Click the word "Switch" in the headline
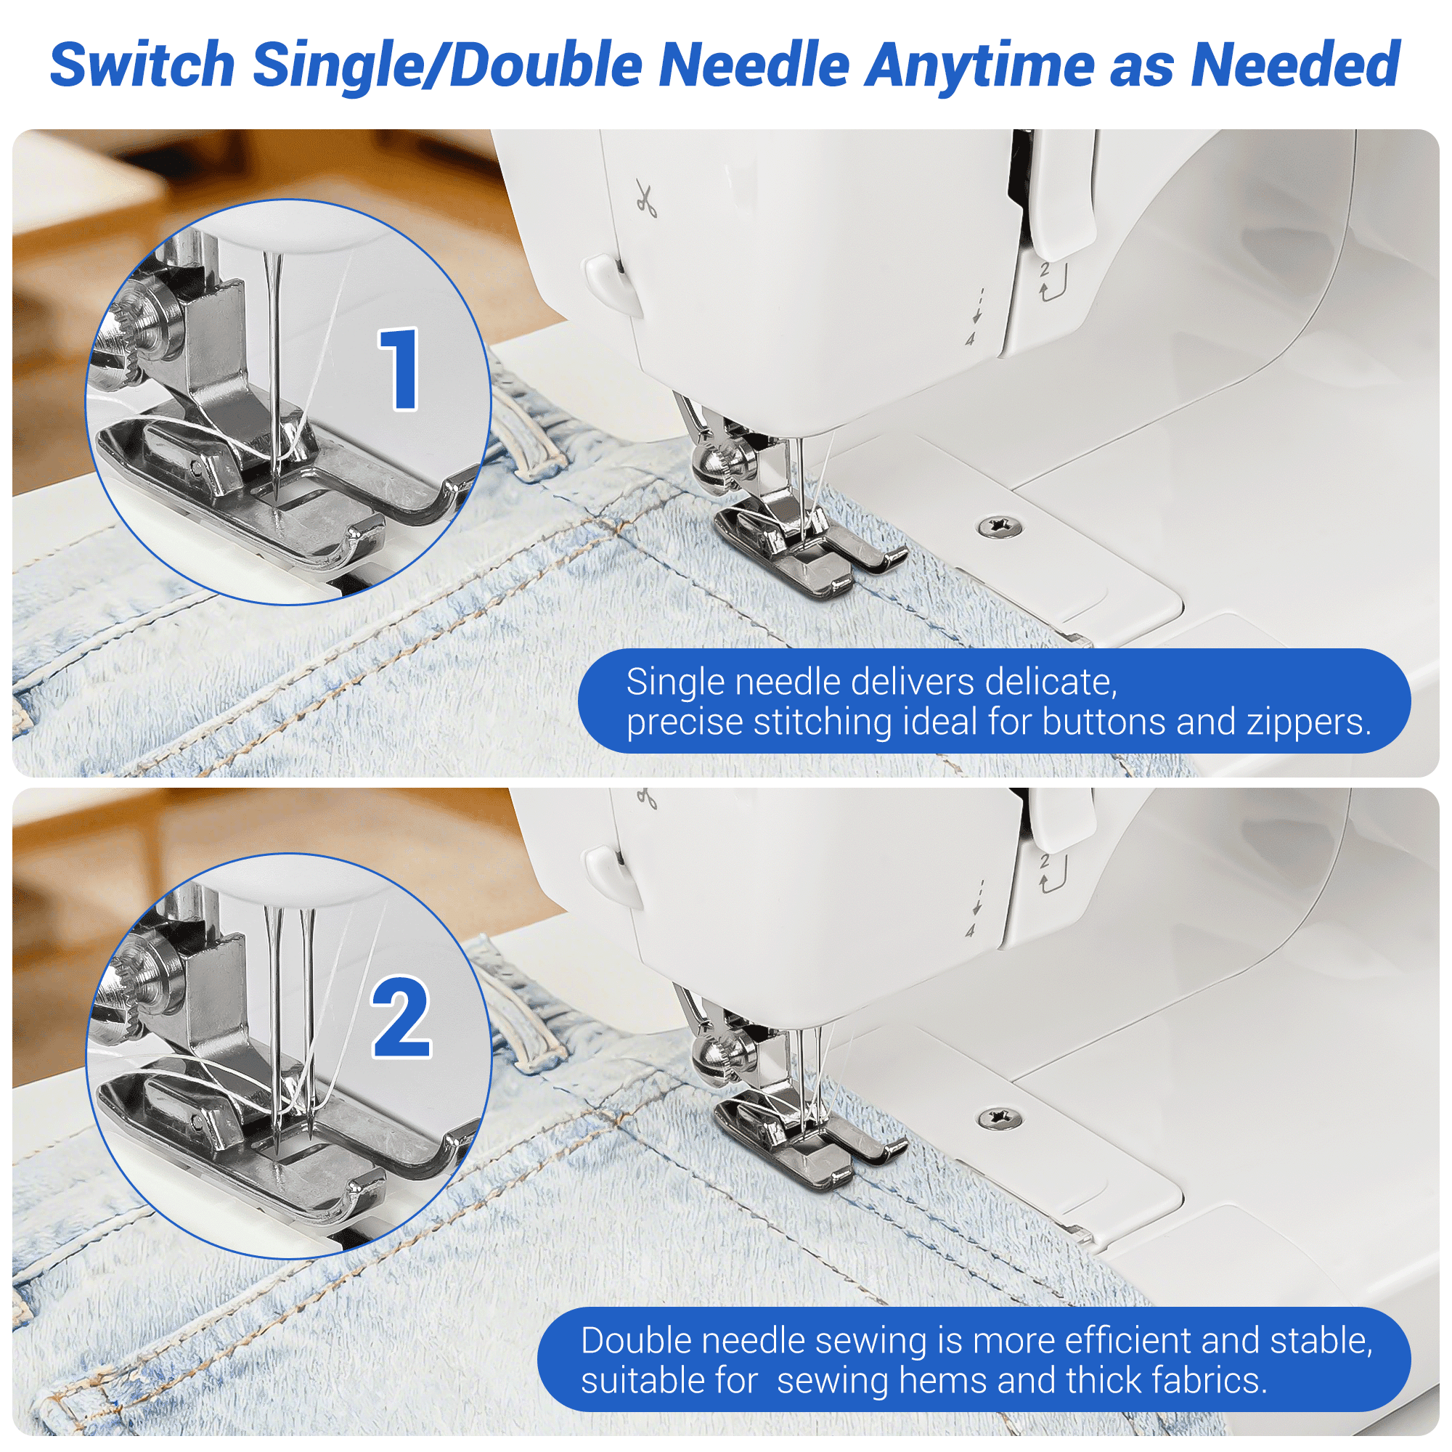(142, 65)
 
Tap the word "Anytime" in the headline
(978, 66)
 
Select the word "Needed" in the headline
(1295, 65)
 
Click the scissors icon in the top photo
(645, 198)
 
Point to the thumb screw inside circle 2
(143, 981)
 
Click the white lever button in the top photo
(612, 285)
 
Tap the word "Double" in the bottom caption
(636, 1340)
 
